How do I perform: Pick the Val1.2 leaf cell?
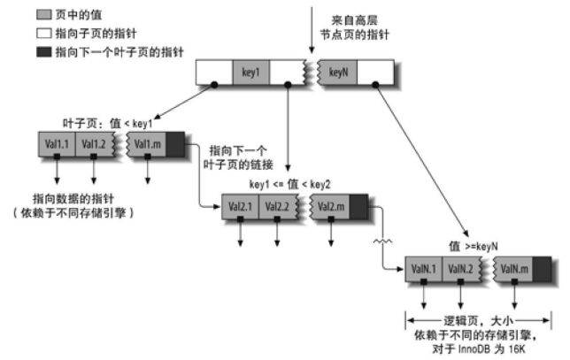(x=95, y=143)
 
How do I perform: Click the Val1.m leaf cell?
(x=148, y=143)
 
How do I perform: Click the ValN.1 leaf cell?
(x=426, y=267)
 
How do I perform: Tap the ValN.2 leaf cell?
(x=464, y=267)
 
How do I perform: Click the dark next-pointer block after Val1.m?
(x=175, y=143)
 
